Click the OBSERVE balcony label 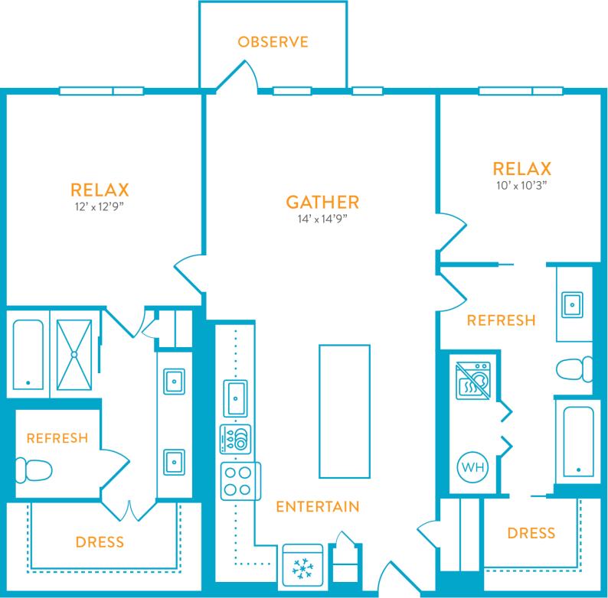273,41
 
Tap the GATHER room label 322,203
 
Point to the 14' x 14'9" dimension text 322,220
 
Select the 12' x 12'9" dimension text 99,206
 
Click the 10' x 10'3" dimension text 523,185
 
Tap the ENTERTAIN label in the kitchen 317,507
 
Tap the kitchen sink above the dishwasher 236,398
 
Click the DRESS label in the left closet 100,542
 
